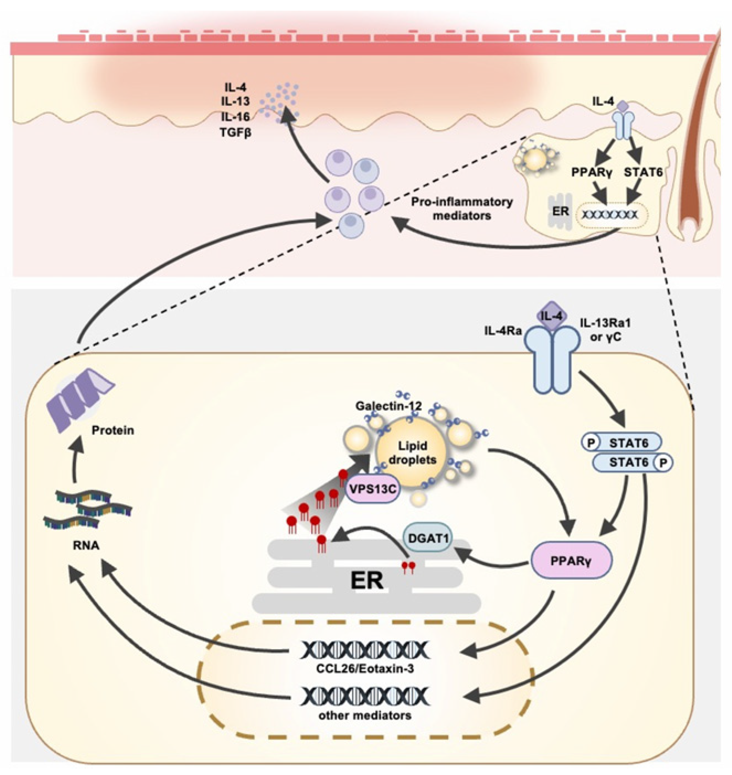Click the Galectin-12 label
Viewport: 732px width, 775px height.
(388, 406)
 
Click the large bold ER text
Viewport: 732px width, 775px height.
(366, 581)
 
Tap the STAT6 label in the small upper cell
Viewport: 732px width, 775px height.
(643, 172)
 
